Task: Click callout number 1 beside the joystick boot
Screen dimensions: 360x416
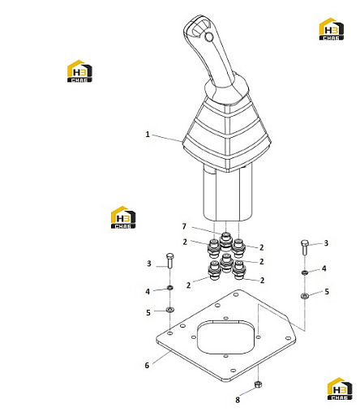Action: pyautogui.click(x=148, y=135)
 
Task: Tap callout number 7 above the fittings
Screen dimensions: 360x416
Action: pyautogui.click(x=184, y=226)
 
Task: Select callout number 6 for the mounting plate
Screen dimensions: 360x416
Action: pyautogui.click(x=147, y=366)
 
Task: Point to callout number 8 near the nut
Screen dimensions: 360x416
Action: pyautogui.click(x=238, y=400)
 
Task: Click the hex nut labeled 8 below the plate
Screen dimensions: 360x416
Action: pyautogui.click(x=258, y=384)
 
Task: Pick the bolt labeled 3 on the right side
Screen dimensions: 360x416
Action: pyautogui.click(x=305, y=247)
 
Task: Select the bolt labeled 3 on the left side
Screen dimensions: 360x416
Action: pyautogui.click(x=170, y=260)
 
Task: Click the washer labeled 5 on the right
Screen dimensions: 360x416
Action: pyautogui.click(x=305, y=296)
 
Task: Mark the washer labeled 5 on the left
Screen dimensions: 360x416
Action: pyautogui.click(x=170, y=309)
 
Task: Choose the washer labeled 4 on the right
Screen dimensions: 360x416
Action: pyautogui.click(x=305, y=272)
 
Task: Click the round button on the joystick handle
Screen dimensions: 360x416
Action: pyautogui.click(x=208, y=36)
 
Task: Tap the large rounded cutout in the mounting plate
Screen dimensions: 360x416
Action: pyautogui.click(x=226, y=337)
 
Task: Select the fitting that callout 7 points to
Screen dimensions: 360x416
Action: pyautogui.click(x=226, y=239)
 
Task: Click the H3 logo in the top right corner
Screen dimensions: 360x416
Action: pyautogui.click(x=332, y=29)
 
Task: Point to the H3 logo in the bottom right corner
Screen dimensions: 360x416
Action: pyautogui.click(x=340, y=388)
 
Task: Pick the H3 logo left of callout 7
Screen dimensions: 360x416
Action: pyautogui.click(x=123, y=217)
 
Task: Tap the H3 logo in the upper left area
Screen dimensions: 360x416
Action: pyautogui.click(x=79, y=71)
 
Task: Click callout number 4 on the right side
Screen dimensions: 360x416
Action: pyautogui.click(x=324, y=268)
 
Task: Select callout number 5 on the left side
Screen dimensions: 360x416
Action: pyautogui.click(x=148, y=313)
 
